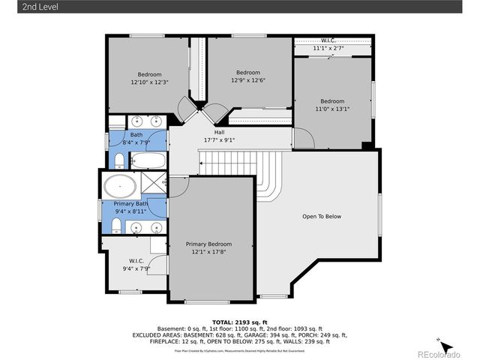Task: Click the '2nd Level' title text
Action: [20, 7]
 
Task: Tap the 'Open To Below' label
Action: [321, 217]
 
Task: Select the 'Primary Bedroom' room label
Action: [208, 244]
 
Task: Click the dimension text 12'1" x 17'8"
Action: [208, 253]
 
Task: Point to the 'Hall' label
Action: [219, 133]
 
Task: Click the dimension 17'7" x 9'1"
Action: [219, 140]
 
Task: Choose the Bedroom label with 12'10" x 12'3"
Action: [148, 74]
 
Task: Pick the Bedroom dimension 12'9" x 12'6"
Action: [248, 80]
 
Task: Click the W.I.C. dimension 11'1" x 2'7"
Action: [331, 48]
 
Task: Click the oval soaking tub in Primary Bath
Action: [120, 185]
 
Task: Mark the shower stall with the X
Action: [154, 184]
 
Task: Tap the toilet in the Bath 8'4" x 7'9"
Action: [119, 160]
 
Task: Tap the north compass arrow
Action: [445, 346]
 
